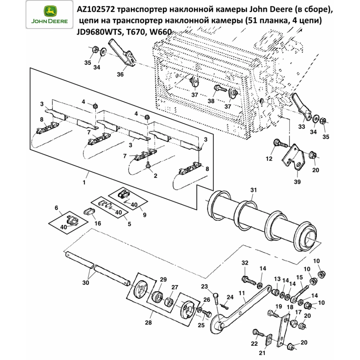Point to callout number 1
(84, 183)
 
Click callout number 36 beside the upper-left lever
(120, 75)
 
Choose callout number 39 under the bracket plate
(296, 182)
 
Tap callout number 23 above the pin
(205, 287)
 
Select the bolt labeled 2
(147, 165)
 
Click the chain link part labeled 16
(89, 213)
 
